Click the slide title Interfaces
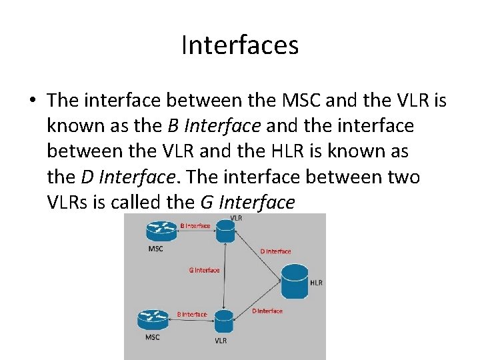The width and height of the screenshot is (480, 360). (240, 45)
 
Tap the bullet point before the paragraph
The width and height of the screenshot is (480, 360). (33, 101)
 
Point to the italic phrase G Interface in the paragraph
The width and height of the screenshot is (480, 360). (247, 202)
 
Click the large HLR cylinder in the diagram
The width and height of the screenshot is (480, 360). (295, 281)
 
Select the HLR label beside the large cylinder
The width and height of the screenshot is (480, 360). (316, 283)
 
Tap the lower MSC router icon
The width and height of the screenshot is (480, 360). (152, 319)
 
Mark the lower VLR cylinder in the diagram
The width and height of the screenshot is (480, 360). (223, 321)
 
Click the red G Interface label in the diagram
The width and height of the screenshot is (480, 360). (204, 270)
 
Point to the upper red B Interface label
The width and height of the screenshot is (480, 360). (195, 226)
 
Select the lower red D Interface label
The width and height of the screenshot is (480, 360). (267, 311)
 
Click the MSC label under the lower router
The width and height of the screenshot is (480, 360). (152, 337)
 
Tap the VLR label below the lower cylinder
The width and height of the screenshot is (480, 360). (220, 341)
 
